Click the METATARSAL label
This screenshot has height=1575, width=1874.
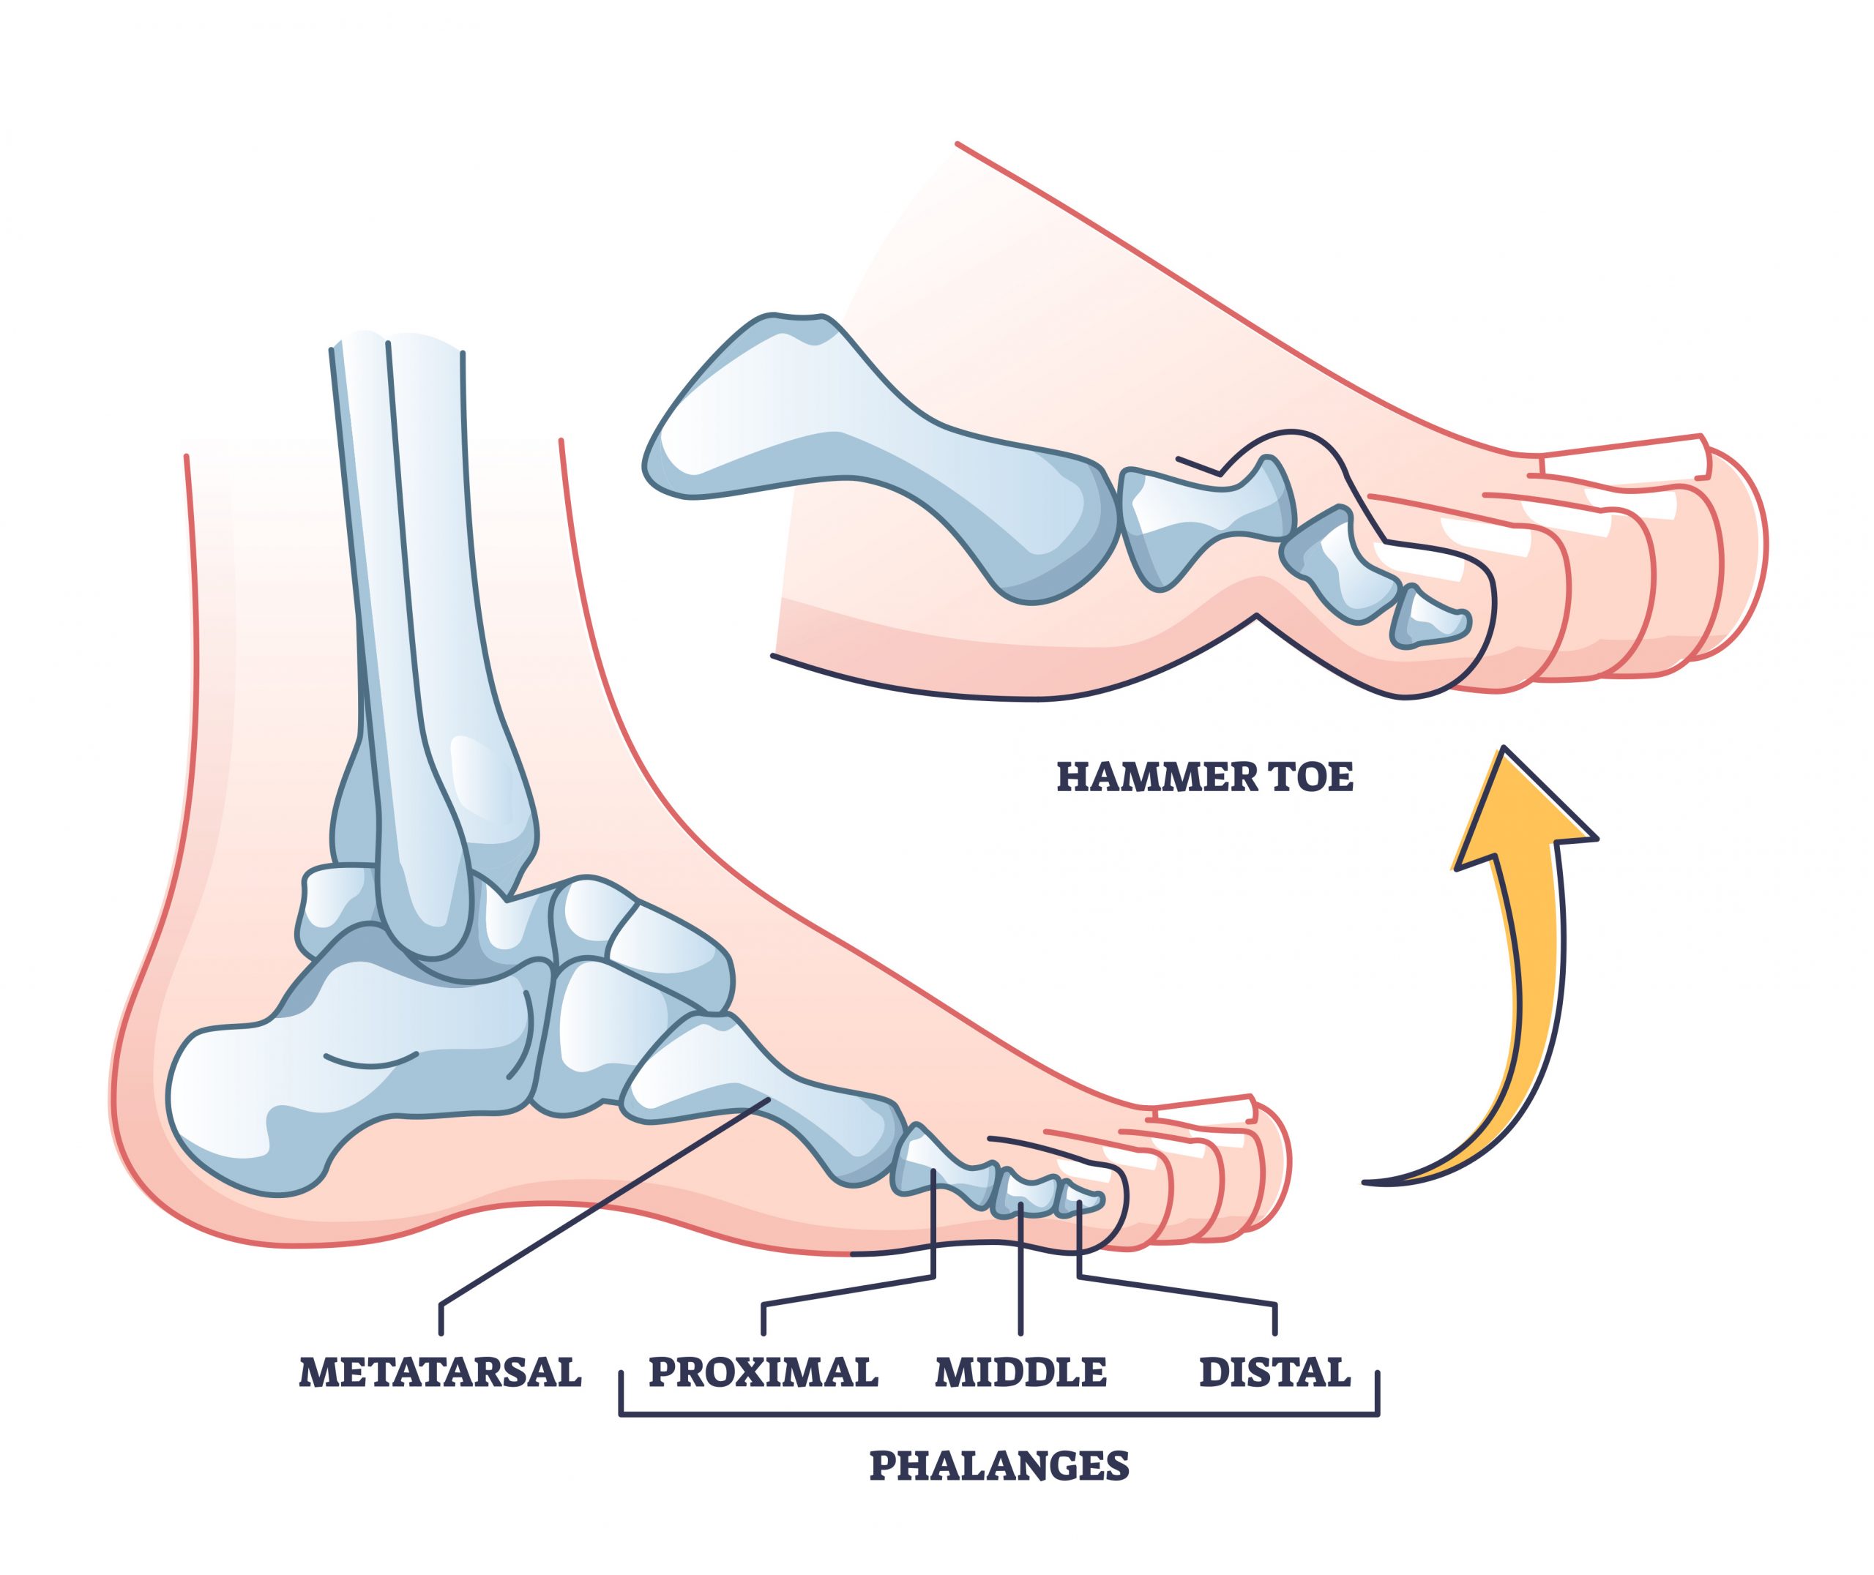(x=440, y=1372)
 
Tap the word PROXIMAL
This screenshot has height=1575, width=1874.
(x=764, y=1372)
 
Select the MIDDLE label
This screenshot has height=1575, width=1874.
(x=1020, y=1372)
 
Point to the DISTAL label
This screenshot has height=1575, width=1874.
(x=1275, y=1372)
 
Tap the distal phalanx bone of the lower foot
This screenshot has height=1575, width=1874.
(x=1080, y=1201)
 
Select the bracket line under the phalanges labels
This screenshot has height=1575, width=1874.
(x=999, y=1414)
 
